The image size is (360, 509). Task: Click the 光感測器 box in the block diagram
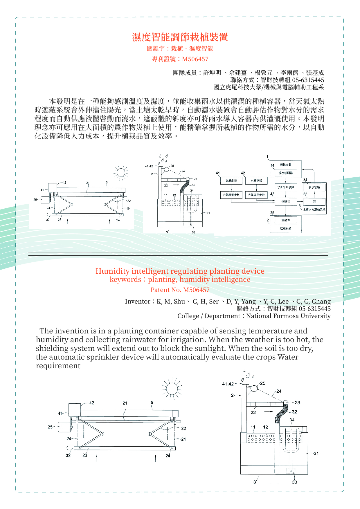[231, 181]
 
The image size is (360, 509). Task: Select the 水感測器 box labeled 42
[256, 181]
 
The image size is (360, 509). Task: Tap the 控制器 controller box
[285, 201]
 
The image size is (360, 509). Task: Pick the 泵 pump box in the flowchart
[314, 201]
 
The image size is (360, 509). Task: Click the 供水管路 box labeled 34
[314, 187]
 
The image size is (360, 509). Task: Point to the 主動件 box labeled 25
[285, 220]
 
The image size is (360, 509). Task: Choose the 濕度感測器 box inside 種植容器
[286, 173]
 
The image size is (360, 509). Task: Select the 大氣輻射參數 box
[231, 195]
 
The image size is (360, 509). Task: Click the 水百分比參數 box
[285, 187]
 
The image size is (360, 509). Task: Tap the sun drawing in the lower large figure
[172, 388]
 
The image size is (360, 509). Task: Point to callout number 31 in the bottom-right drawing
[316, 453]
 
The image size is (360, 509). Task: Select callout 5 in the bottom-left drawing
[152, 402]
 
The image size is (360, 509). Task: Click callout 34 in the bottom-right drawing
[292, 420]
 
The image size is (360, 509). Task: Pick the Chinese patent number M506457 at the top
[195, 59]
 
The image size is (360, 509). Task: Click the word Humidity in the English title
[112, 271]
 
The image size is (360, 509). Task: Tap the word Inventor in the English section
[138, 302]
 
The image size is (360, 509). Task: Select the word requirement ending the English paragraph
[58, 366]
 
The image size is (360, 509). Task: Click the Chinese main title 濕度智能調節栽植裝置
[180, 37]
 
